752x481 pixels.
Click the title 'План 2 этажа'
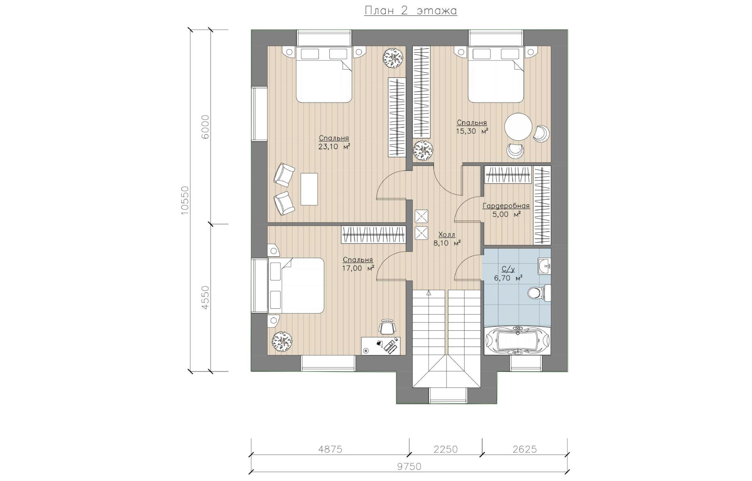click(410, 11)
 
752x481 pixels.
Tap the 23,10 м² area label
click(334, 147)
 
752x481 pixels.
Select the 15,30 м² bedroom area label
click(472, 131)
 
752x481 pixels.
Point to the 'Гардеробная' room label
click(506, 206)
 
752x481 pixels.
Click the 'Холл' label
click(447, 234)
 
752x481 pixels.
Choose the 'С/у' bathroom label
click(508, 269)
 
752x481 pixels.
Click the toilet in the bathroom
click(539, 293)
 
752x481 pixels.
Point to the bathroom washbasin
click(544, 267)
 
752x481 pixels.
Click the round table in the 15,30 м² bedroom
click(518, 126)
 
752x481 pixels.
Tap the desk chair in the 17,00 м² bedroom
click(387, 327)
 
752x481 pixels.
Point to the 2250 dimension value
click(446, 449)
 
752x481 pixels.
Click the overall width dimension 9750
click(409, 467)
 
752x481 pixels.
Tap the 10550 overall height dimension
click(185, 200)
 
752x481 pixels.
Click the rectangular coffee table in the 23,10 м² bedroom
click(309, 189)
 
